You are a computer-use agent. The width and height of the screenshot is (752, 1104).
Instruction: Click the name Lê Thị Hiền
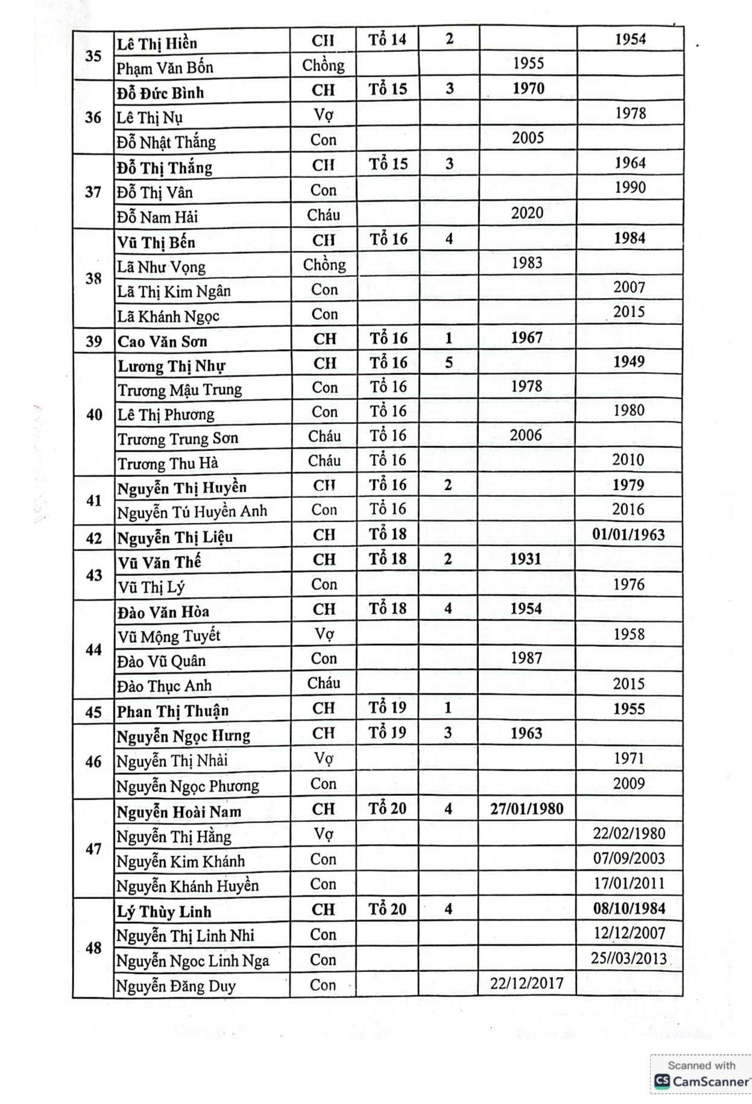click(157, 43)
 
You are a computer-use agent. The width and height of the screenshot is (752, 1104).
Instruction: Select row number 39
click(93, 341)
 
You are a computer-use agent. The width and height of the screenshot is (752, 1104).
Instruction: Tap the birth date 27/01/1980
click(526, 809)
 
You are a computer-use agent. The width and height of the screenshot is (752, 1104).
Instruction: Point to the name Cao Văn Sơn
click(162, 341)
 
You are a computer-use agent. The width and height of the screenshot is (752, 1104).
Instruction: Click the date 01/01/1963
click(628, 535)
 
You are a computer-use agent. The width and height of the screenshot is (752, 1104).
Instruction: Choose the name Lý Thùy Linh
click(164, 911)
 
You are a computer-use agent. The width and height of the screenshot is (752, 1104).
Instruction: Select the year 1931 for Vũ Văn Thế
click(525, 559)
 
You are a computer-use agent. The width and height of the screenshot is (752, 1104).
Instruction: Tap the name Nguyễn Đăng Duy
click(175, 986)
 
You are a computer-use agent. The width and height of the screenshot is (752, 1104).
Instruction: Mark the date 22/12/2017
click(526, 983)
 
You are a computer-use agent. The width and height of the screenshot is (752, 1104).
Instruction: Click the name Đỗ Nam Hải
click(157, 217)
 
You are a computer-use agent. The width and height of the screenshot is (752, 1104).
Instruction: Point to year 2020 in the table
click(527, 213)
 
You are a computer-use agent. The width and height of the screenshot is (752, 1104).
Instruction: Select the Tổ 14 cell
click(387, 40)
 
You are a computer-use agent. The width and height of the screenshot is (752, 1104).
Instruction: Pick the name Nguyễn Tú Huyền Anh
click(192, 512)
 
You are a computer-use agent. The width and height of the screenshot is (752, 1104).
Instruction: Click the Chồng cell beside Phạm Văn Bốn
click(323, 65)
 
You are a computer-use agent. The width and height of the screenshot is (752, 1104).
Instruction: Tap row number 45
click(93, 711)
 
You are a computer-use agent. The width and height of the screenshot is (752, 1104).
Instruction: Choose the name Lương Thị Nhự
click(171, 366)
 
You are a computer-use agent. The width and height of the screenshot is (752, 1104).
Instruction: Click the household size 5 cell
click(449, 362)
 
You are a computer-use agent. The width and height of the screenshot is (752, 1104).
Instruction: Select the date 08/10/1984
click(629, 908)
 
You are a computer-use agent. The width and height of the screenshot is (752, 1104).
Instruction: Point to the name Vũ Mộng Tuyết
click(169, 636)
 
